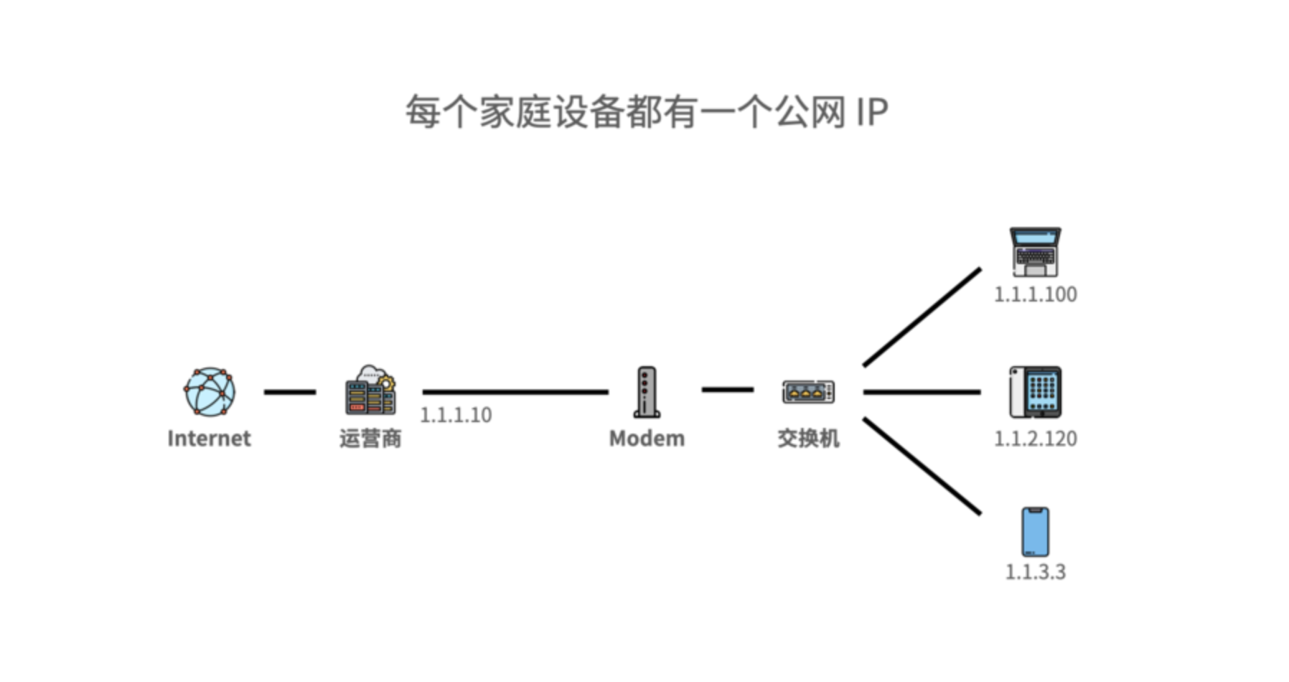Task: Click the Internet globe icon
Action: (209, 392)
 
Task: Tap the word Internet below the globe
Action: (209, 438)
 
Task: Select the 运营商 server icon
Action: (370, 391)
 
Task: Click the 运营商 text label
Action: (370, 438)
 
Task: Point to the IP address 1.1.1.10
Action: (456, 415)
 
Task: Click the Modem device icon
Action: (646, 392)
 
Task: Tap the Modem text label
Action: (647, 438)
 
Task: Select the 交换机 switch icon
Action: (808, 392)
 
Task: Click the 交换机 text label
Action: (808, 438)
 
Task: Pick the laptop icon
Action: (1035, 252)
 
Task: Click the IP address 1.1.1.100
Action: (1035, 294)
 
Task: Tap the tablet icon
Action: (1035, 392)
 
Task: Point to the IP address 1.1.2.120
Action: (1035, 438)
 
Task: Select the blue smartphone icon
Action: (1035, 532)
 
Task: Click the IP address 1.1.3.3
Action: (1035, 572)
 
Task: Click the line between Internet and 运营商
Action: (290, 392)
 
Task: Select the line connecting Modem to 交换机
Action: (728, 390)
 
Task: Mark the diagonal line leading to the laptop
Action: (922, 317)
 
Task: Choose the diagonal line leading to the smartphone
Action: (922, 467)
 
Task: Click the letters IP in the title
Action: (871, 113)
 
